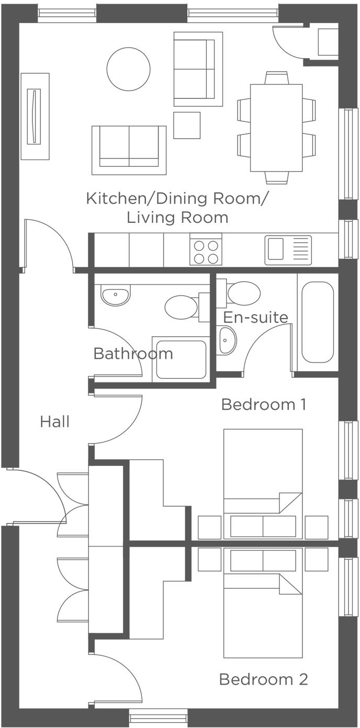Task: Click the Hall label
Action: click(x=55, y=422)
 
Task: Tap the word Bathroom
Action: click(x=133, y=354)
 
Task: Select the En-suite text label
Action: click(x=255, y=317)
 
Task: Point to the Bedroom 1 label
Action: click(x=263, y=404)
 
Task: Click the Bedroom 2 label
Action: click(x=263, y=679)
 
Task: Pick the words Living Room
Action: click(x=177, y=217)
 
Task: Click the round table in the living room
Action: click(x=128, y=69)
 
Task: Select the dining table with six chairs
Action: click(x=276, y=128)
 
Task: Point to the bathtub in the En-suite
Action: click(x=317, y=323)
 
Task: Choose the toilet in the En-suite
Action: click(x=243, y=293)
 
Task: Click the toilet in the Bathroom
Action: click(x=182, y=307)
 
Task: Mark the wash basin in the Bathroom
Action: click(x=115, y=297)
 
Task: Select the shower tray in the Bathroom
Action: click(x=181, y=360)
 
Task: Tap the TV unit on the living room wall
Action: click(x=35, y=116)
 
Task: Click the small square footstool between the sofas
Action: click(x=187, y=126)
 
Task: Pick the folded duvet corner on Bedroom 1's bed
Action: click(x=290, y=503)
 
